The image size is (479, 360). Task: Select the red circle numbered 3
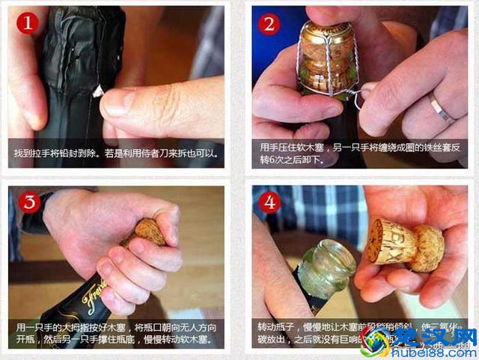(28, 202)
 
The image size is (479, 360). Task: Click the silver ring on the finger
(441, 109)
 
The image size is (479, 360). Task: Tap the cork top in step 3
(150, 231)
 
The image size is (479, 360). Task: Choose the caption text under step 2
(359, 153)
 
